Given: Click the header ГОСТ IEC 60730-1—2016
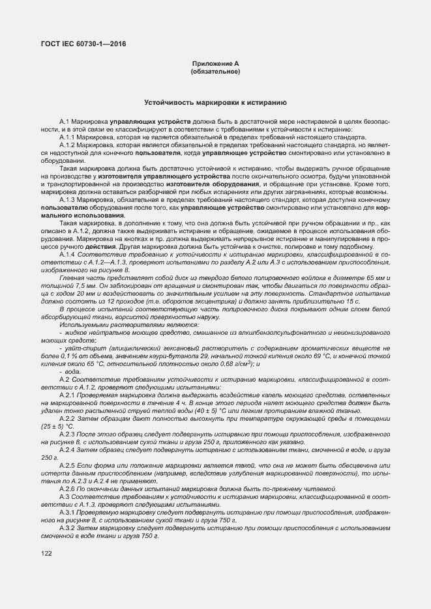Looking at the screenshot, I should (x=82, y=44).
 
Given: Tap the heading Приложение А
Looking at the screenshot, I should (x=215, y=64).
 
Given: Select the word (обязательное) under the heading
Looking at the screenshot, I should (x=215, y=72).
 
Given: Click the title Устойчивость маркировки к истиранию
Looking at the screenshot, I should (x=215, y=103).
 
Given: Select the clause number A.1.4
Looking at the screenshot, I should (x=67, y=253).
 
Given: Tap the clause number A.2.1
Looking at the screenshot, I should (x=67, y=396).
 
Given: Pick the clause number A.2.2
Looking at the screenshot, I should (x=67, y=419).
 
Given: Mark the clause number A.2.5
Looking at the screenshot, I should (x=67, y=465).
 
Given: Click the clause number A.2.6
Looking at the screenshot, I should (x=67, y=488).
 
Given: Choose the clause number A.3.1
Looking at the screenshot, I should (x=67, y=511).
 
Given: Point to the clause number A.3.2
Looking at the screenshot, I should (x=67, y=526).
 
